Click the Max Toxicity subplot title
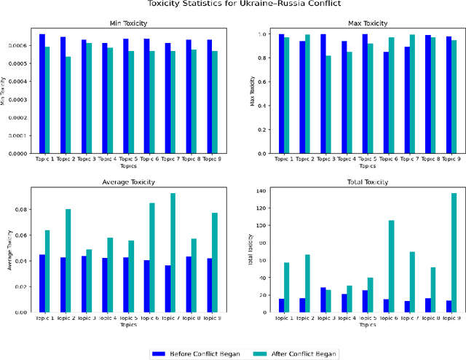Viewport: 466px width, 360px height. click(x=358, y=23)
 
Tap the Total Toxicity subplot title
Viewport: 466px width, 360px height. click(x=358, y=182)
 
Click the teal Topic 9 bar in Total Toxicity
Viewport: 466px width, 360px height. click(x=454, y=252)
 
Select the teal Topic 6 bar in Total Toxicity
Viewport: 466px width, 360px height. click(x=392, y=266)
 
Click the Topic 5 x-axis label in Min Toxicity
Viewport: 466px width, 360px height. click(x=128, y=158)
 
